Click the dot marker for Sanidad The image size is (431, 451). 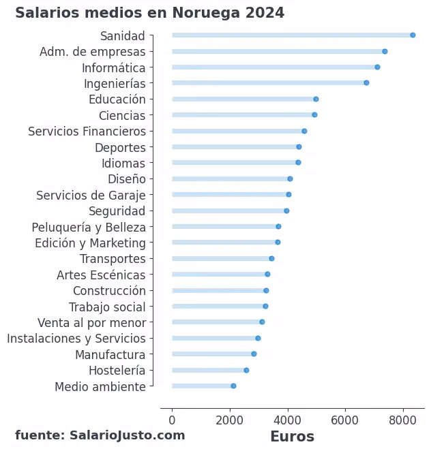pos(413,35)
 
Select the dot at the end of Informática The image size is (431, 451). pos(377,67)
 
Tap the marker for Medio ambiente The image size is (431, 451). pos(233,386)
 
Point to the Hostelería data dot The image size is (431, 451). pos(246,371)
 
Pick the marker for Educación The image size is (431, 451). pos(316,99)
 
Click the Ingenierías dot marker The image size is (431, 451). pos(366,83)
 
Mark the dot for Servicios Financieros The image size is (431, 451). pos(304,131)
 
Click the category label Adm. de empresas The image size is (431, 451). pos(93,52)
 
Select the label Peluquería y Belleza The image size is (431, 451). pos(89,227)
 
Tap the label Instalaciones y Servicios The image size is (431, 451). pos(76,339)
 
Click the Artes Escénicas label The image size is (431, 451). pos(101,275)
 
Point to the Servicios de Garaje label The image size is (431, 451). pos(91,196)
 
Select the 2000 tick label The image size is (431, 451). pos(230,420)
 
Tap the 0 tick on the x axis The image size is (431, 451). pos(172,420)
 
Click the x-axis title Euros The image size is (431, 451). pos(292,437)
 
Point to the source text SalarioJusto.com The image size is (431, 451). pos(127,435)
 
